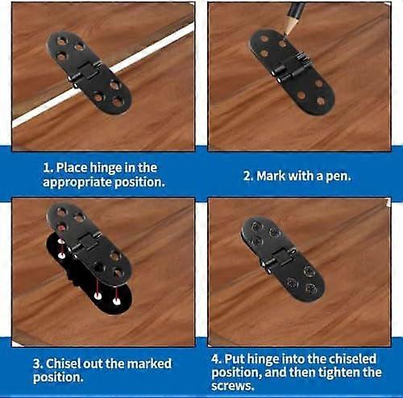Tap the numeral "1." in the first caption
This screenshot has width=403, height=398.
48,168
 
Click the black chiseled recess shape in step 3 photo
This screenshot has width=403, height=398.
68,266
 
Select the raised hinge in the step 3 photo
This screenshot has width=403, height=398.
89,246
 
